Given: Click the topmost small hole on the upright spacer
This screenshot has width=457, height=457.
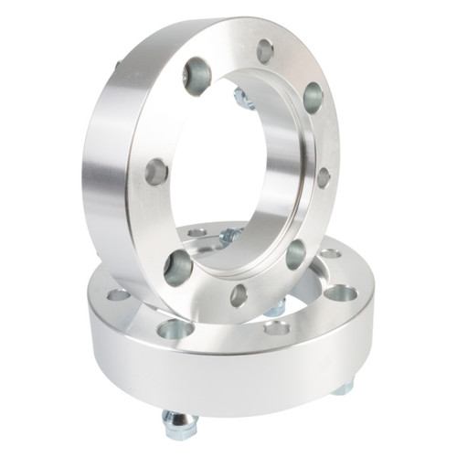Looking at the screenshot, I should [x=265, y=51].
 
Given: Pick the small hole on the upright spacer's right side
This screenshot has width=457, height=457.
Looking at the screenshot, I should [x=324, y=176].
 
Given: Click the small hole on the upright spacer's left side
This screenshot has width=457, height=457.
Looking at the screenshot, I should [x=156, y=171].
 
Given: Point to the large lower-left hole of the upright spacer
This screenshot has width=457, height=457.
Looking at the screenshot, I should [x=178, y=266].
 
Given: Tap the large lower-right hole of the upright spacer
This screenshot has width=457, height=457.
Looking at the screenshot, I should [x=295, y=254].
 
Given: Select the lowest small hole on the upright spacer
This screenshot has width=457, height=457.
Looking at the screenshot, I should [x=239, y=295].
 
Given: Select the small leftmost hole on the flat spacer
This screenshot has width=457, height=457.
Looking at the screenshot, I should [x=118, y=294].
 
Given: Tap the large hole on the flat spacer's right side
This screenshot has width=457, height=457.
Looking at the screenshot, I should [x=340, y=293].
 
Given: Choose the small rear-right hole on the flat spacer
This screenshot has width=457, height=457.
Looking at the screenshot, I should [x=329, y=253].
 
